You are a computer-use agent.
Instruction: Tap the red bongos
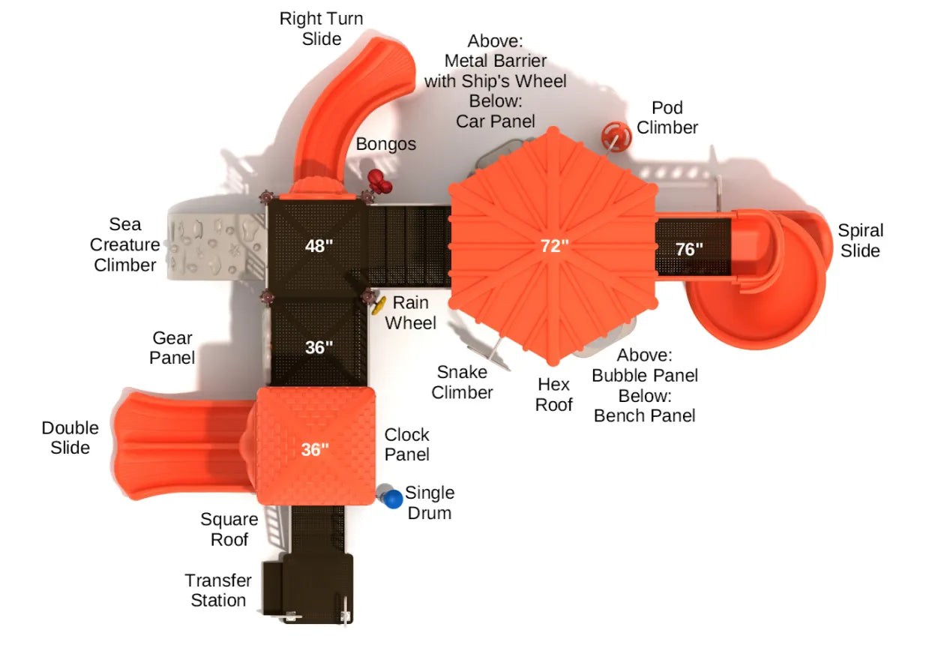click(x=379, y=180)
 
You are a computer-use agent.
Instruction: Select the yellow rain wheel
click(x=379, y=304)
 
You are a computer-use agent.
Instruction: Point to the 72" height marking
click(x=555, y=245)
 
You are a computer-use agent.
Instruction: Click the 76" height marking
click(x=689, y=249)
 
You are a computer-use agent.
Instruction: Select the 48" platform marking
click(x=319, y=245)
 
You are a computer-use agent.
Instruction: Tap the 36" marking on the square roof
click(x=315, y=449)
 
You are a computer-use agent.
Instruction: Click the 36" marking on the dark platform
click(x=319, y=347)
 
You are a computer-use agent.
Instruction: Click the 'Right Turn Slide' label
click(x=321, y=28)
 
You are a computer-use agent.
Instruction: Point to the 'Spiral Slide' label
click(x=860, y=240)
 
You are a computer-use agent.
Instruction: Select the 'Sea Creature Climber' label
click(x=124, y=244)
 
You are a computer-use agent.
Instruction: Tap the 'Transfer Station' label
click(x=218, y=590)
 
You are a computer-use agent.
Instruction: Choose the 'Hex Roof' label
click(x=554, y=394)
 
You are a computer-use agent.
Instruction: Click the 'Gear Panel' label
click(x=172, y=348)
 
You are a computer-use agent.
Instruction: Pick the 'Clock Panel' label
click(x=407, y=444)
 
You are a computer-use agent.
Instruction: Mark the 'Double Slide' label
click(x=70, y=437)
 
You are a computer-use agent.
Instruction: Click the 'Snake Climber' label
click(x=462, y=382)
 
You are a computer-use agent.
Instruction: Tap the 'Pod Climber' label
click(x=667, y=118)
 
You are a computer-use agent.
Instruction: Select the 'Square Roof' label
click(x=229, y=529)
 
